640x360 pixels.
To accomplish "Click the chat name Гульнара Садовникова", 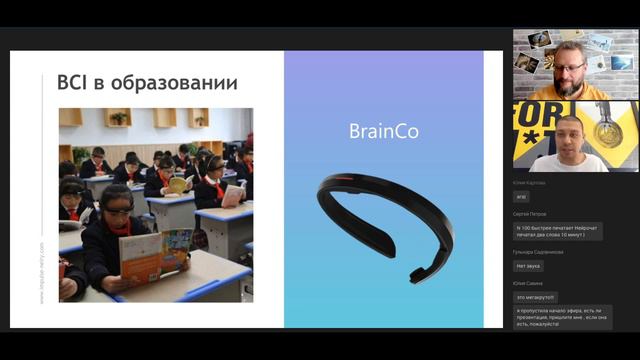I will click(540, 252).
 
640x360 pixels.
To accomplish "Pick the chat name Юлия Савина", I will click(529, 284).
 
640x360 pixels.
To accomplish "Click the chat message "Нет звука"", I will click(529, 266).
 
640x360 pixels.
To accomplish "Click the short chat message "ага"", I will click(522, 198).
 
